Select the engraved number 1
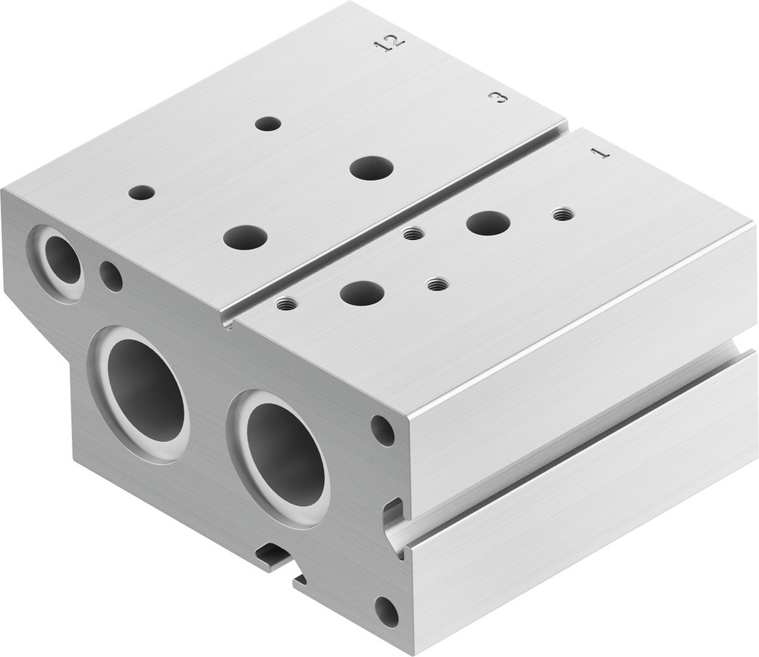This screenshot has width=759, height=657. pyautogui.click(x=600, y=152)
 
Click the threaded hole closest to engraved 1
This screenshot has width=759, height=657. pyautogui.click(x=563, y=214)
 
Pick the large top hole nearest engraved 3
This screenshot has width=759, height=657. pyautogui.click(x=372, y=168)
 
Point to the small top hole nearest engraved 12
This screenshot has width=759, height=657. pyautogui.click(x=268, y=123)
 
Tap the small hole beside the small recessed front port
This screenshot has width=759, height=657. pyautogui.click(x=112, y=276)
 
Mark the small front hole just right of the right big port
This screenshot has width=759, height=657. pyautogui.click(x=383, y=431)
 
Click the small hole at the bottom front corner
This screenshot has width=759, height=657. pyautogui.click(x=386, y=612)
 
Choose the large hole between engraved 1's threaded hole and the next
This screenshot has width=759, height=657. pyautogui.click(x=488, y=223)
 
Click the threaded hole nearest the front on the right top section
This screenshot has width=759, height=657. pyautogui.click(x=285, y=305)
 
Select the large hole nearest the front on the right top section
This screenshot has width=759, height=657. pyautogui.click(x=361, y=292)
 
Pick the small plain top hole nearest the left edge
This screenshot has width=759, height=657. pyautogui.click(x=141, y=192)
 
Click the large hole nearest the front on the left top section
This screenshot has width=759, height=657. pyautogui.click(x=245, y=237)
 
